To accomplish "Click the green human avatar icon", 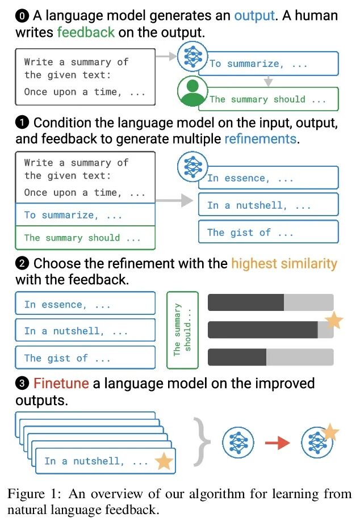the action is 191,92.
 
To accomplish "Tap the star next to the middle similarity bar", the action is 334,321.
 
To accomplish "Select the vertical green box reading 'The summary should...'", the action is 182,331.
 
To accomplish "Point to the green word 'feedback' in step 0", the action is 85,32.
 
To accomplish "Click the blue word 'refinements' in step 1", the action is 261,138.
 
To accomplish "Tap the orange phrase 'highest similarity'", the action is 284,263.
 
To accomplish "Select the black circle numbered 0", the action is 22,16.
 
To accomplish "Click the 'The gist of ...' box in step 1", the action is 268,232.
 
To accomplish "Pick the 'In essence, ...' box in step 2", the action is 85,304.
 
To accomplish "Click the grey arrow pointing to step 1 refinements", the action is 173,200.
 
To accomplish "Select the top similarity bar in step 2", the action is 270,302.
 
